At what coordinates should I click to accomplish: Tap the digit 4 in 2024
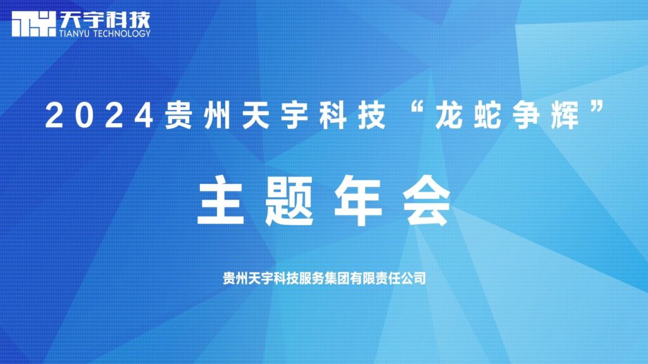[145, 117]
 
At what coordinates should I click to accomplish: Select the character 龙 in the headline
[447, 117]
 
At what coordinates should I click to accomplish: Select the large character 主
[220, 202]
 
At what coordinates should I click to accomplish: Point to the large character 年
[358, 202]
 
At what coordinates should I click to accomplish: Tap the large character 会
[428, 202]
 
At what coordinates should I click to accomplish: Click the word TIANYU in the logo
[76, 33]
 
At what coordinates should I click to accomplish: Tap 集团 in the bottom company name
[333, 277]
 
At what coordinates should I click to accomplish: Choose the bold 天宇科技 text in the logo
[105, 17]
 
